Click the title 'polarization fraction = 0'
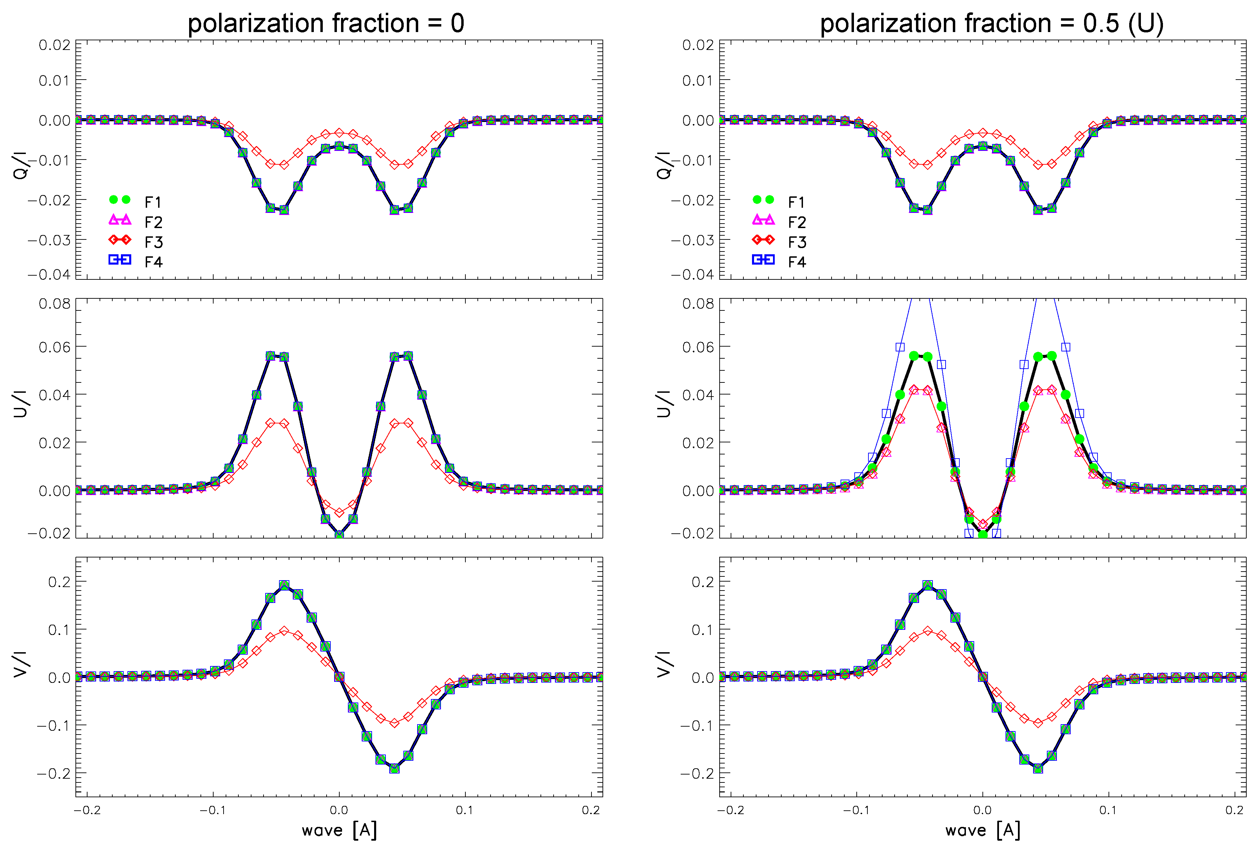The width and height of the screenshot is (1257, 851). [326, 23]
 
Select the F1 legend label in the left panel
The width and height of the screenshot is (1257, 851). [153, 202]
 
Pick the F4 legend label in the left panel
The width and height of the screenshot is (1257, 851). [153, 263]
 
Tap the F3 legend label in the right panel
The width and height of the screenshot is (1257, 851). [797, 242]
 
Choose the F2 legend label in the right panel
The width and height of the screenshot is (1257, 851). [797, 222]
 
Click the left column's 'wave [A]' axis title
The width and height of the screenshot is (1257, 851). [339, 830]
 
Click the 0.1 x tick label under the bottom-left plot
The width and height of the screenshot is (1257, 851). [464, 810]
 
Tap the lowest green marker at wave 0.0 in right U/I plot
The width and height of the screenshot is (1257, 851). [983, 534]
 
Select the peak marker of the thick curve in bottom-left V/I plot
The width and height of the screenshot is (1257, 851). [284, 585]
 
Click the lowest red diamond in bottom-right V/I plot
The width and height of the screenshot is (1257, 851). [1038, 723]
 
